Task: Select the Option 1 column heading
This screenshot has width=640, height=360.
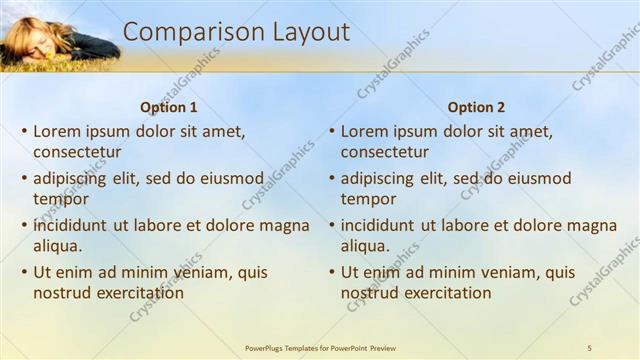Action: point(169,107)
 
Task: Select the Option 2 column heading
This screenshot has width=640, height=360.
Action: point(476,107)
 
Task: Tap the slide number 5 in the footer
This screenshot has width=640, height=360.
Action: point(590,347)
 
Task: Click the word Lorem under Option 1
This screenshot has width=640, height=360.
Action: point(57,131)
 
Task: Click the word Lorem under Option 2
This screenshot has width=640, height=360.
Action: point(365,131)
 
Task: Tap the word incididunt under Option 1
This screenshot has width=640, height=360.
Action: point(73,225)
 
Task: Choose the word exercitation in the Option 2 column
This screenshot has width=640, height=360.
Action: point(446,293)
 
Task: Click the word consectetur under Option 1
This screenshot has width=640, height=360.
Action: point(77,152)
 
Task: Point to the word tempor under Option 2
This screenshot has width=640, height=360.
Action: point(369,200)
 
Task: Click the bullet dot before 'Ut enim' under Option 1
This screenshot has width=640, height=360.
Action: point(24,272)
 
